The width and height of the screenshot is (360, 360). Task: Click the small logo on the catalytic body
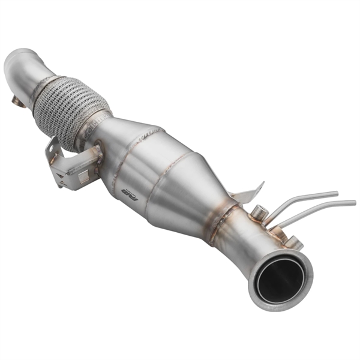(x=127, y=191)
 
